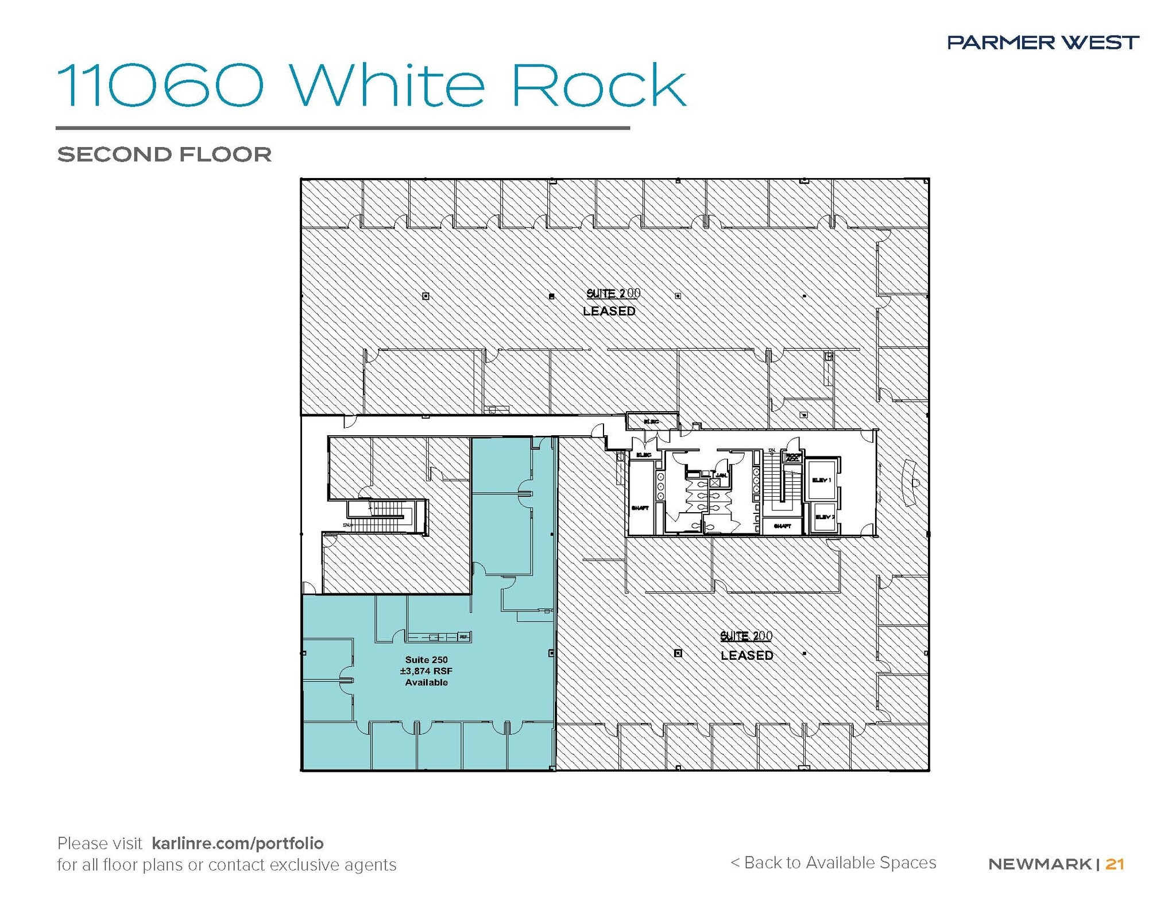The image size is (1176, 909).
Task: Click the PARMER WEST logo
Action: point(1043,42)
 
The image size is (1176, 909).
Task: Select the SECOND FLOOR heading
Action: point(164,154)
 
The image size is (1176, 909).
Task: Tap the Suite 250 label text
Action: point(426,660)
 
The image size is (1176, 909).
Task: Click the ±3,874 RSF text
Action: point(426,671)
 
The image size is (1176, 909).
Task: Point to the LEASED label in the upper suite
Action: point(609,311)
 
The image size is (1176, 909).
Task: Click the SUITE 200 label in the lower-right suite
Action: point(746,636)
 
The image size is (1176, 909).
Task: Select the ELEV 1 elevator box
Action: point(822,479)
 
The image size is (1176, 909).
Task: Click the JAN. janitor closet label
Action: point(721,475)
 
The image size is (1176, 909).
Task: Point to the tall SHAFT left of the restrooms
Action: point(640,508)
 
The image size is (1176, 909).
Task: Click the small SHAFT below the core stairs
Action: point(782,526)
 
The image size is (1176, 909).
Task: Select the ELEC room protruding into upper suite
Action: point(651,421)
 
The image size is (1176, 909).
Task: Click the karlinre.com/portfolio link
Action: point(238,843)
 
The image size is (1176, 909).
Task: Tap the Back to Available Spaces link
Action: point(833,862)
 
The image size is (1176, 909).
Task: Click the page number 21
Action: point(1115,864)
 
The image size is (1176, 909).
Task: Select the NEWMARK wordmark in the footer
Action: point(1039,864)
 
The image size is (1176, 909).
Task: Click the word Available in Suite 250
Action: point(426,682)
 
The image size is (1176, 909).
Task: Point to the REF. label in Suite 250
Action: point(463,637)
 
